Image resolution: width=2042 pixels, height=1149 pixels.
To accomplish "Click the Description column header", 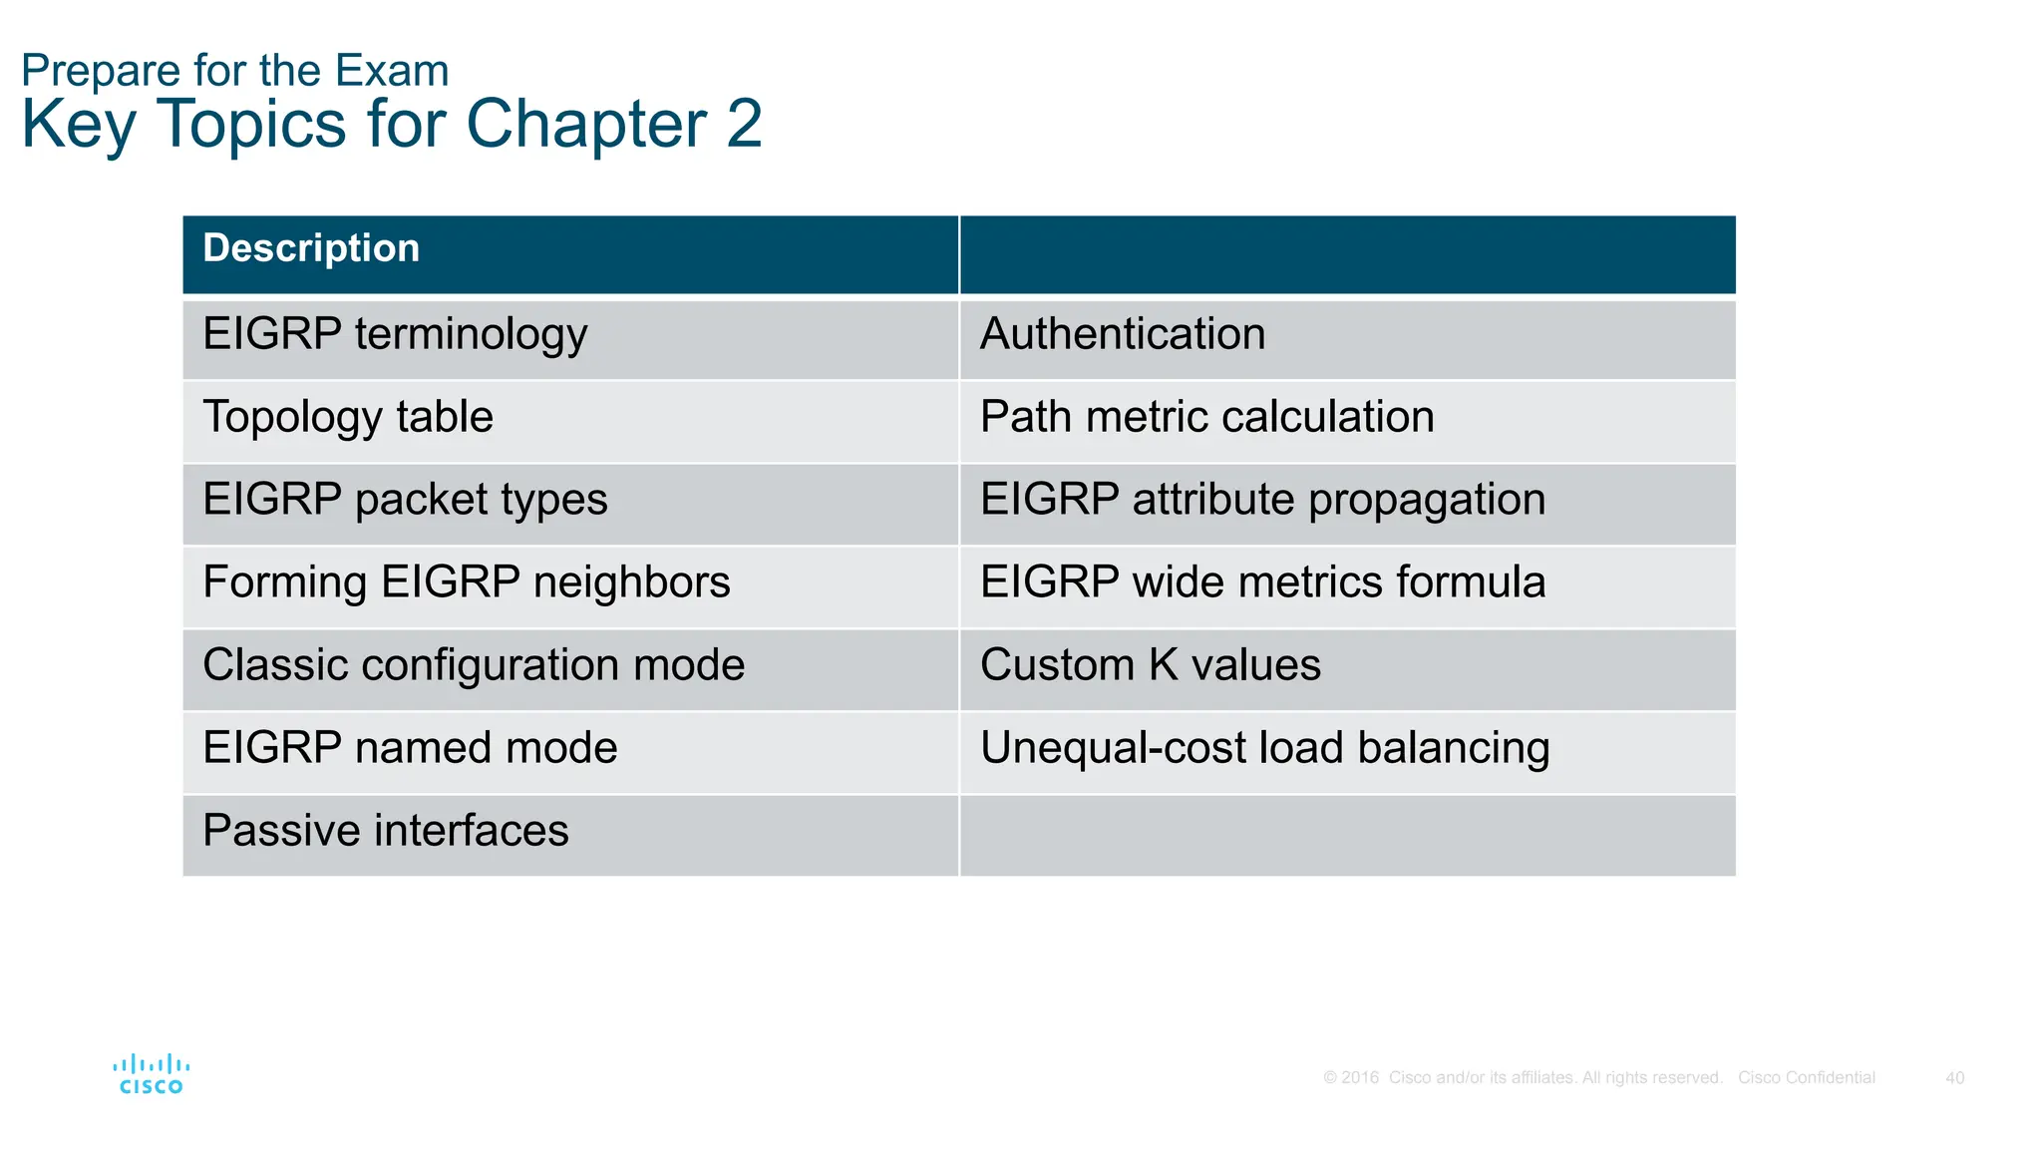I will (311, 249).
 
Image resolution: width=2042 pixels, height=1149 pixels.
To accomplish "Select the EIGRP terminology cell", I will (395, 334).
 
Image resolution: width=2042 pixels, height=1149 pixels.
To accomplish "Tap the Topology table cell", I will (348, 417).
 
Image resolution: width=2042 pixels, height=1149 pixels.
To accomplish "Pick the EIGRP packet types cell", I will (405, 500).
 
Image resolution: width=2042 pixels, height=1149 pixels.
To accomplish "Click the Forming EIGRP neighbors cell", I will (466, 582).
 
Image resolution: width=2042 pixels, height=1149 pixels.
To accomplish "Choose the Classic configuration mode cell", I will (474, 665).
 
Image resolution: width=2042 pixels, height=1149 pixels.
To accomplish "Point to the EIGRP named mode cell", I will (410, 748).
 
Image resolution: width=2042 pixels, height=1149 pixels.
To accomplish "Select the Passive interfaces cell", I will (385, 831).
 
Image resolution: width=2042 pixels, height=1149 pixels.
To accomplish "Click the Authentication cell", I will (1123, 334).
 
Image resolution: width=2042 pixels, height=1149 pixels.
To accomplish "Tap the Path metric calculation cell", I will (1206, 417).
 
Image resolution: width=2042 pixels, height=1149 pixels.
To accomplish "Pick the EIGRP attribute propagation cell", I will (1262, 500).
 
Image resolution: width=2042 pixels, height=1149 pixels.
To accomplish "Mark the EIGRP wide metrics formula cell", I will (1262, 582).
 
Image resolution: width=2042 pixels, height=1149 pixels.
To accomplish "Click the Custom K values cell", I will (1150, 665).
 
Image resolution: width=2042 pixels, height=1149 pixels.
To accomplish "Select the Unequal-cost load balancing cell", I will (1264, 748).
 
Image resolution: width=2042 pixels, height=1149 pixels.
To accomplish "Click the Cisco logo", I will (151, 1074).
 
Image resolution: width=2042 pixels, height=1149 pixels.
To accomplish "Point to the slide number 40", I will (1954, 1078).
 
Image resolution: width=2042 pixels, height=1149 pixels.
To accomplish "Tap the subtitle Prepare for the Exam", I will (235, 71).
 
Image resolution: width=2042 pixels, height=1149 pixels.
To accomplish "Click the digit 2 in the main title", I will (744, 125).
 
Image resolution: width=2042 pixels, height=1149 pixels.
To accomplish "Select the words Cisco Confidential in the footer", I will (1806, 1078).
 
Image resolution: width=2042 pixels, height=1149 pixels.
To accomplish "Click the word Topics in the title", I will (251, 125).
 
